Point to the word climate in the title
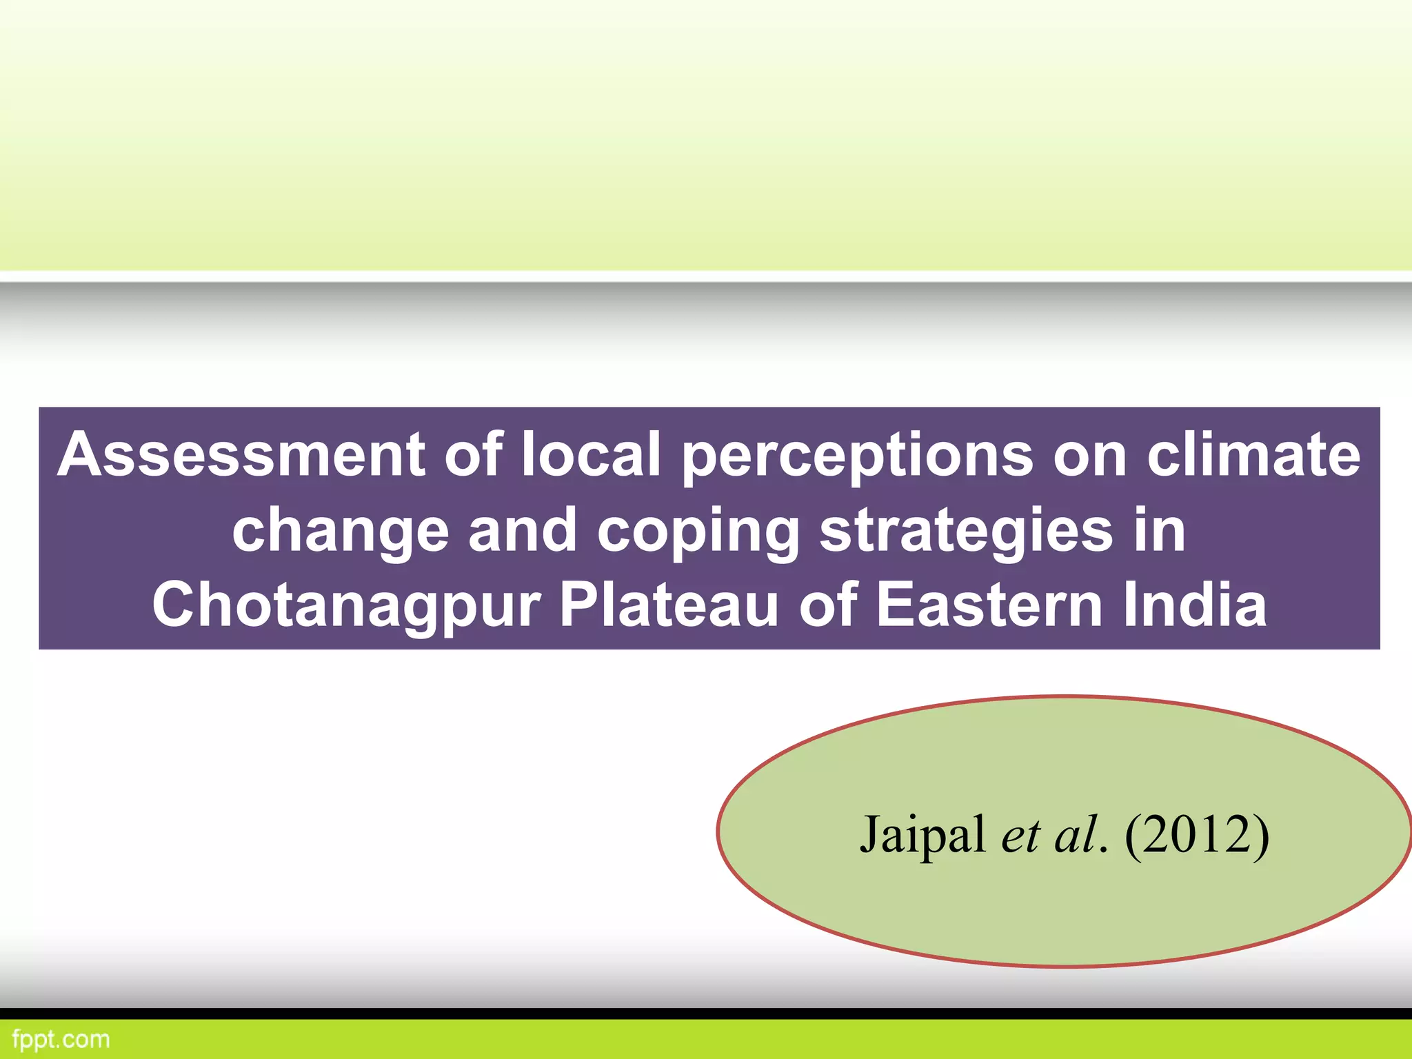point(1253,455)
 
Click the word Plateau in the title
point(669,605)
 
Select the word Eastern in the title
point(990,605)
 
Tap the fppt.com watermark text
point(61,1039)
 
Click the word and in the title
point(523,531)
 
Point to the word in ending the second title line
point(1159,531)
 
